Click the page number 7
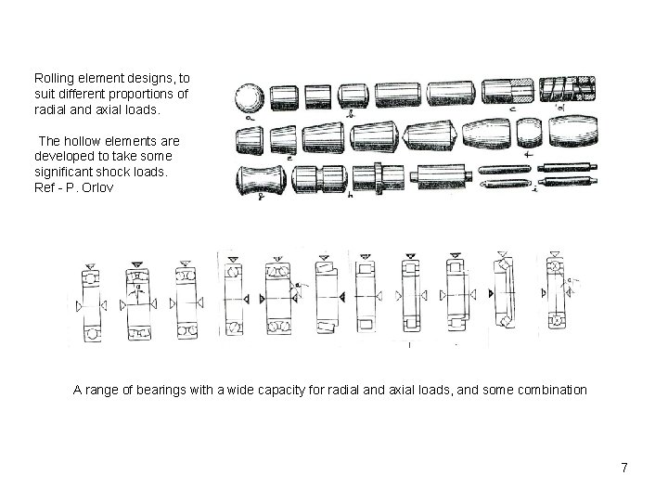click(x=624, y=468)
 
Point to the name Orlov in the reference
click(x=99, y=188)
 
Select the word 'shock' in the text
click(x=111, y=173)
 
